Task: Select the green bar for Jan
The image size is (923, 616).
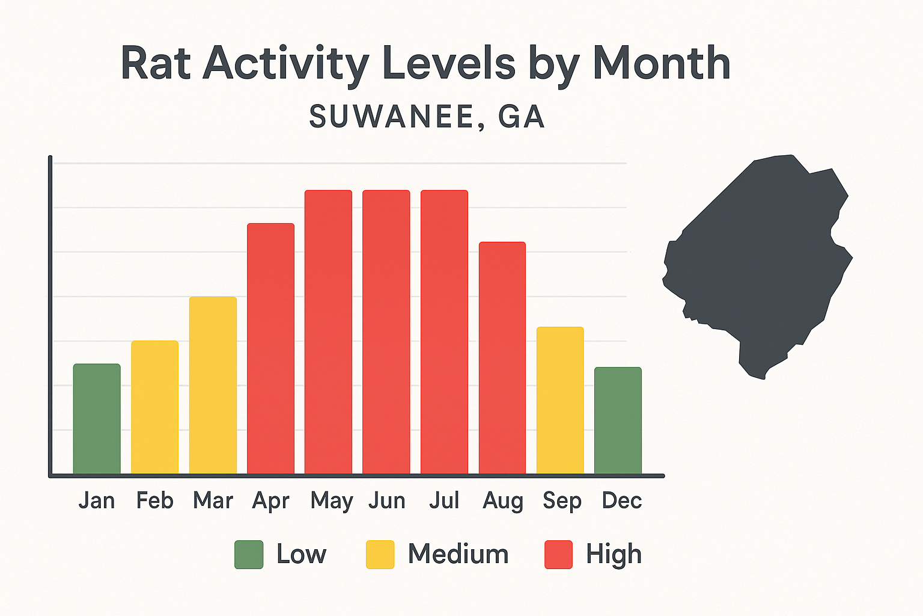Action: coord(97,419)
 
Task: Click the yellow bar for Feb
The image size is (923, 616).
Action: coord(154,407)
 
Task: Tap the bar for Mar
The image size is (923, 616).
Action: coord(213,386)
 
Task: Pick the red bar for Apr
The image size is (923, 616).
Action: coord(270,349)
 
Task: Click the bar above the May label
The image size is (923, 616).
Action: coord(328,332)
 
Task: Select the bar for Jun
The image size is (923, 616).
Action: coord(386,332)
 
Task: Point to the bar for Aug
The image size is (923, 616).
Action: coord(502,358)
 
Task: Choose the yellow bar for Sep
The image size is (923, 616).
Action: coord(560,401)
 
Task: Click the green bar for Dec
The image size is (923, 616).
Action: coord(618,420)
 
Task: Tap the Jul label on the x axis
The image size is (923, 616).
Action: coord(444,500)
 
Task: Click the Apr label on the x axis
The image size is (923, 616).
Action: coord(270,501)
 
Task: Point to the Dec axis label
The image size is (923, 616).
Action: coord(622,500)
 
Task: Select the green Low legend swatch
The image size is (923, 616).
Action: coord(249,555)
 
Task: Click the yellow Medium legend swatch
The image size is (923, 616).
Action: coord(380,555)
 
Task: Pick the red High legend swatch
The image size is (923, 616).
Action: coord(558,555)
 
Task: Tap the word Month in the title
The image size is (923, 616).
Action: coord(661,63)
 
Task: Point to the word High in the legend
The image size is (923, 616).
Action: coord(614,555)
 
